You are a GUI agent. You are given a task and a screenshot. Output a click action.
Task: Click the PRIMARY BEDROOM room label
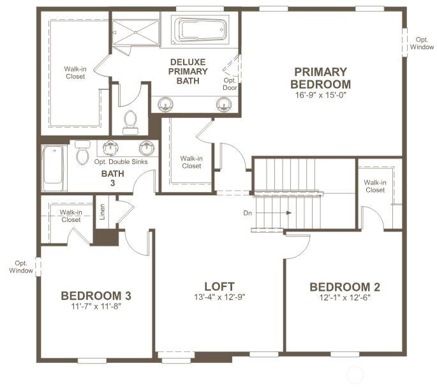[320, 78]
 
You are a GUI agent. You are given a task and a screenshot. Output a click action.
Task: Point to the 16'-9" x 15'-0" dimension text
[320, 96]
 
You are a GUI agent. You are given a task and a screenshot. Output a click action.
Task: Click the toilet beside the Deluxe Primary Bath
[131, 122]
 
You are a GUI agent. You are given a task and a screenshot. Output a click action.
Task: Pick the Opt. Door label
[230, 84]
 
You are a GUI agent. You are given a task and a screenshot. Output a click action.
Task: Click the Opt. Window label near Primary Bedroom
[422, 43]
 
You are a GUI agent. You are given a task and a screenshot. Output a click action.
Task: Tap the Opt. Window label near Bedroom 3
[21, 267]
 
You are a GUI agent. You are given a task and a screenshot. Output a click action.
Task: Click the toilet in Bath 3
[82, 153]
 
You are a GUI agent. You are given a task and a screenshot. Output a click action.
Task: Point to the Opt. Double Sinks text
[121, 162]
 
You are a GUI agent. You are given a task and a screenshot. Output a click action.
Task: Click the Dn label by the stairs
[248, 213]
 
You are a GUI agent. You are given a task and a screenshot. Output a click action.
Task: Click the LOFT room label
[219, 286]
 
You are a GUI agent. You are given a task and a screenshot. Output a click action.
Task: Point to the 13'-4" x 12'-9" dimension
[219, 297]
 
